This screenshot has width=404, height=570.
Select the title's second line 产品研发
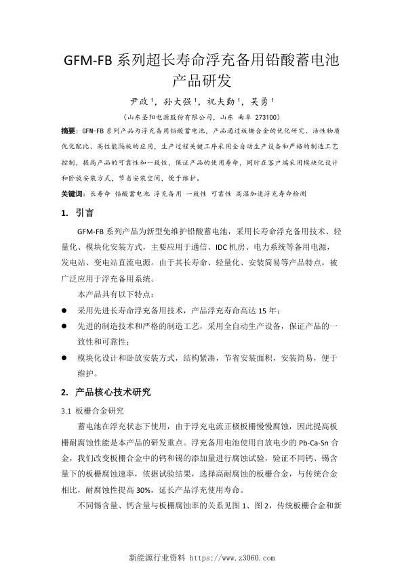[202, 81]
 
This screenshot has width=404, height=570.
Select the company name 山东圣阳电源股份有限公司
[167, 116]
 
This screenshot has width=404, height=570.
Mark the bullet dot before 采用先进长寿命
[64, 310]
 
